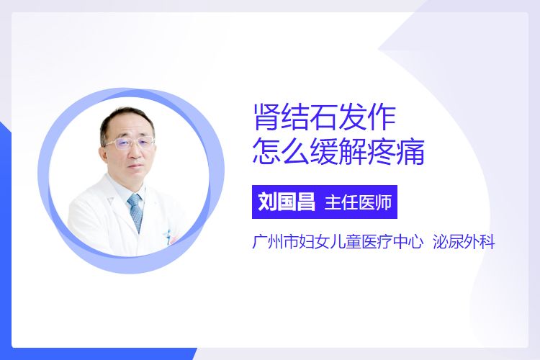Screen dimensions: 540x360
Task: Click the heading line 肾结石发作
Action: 325,118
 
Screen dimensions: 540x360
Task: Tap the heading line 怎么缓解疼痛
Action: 338,152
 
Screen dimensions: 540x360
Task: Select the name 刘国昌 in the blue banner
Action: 287,202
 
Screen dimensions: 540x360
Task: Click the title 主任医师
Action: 358,202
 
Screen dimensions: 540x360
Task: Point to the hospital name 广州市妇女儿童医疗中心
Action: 338,241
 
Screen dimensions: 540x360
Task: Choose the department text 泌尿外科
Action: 464,241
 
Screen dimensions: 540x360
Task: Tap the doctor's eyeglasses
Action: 130,143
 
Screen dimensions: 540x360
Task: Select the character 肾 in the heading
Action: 266,118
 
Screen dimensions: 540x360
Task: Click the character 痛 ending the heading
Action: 410,152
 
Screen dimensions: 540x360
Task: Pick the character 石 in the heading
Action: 324,118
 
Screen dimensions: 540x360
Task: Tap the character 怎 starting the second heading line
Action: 266,152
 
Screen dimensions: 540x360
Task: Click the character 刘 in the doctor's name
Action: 267,202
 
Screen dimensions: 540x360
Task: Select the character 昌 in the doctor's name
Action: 306,202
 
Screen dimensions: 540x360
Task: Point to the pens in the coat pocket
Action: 170,238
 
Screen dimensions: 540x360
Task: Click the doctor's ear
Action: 104,150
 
